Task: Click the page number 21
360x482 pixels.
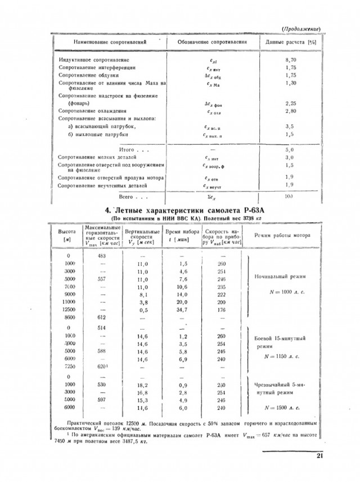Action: [319, 456]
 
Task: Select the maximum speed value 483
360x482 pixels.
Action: [102, 255]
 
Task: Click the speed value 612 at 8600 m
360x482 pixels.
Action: [102, 318]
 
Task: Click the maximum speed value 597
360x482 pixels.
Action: [102, 400]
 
